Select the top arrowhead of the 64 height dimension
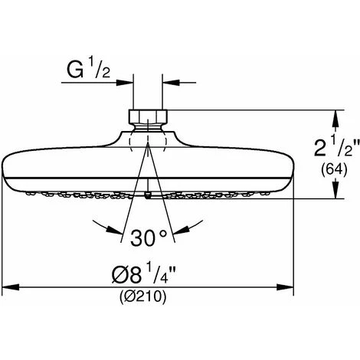point(335,114)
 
